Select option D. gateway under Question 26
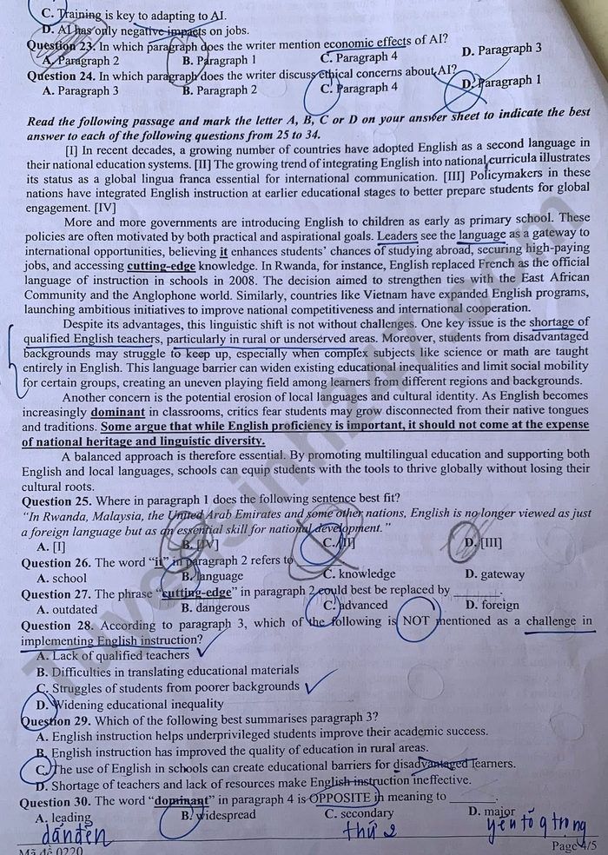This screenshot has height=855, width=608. coord(495,573)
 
